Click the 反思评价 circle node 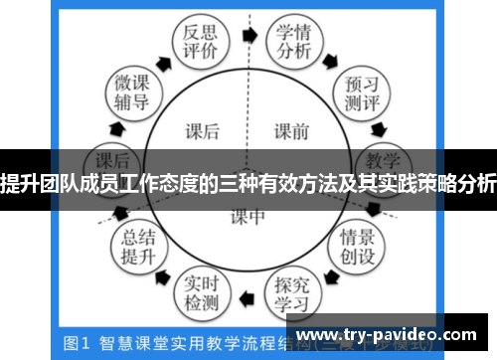[195, 43]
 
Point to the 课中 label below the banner [248, 214]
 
